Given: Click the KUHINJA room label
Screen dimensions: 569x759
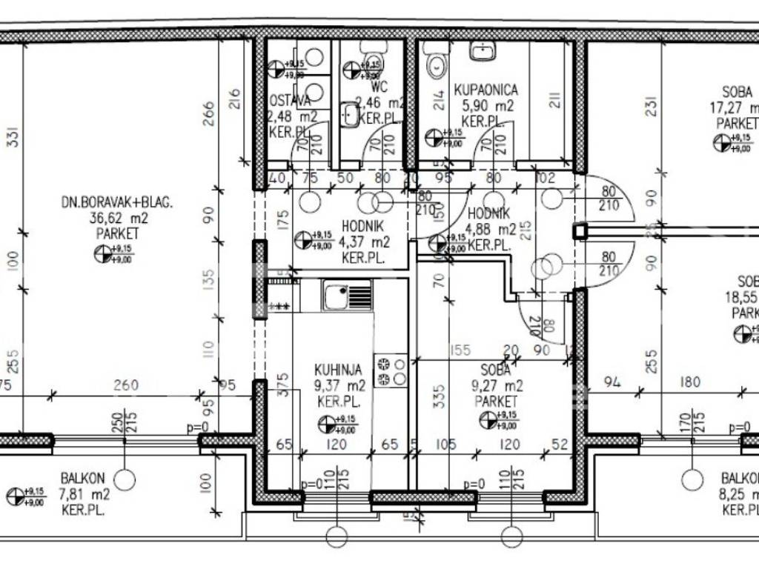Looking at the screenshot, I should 338,369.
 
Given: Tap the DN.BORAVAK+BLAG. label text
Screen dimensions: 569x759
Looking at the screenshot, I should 117,202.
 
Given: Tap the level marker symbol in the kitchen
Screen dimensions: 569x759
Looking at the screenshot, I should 327,424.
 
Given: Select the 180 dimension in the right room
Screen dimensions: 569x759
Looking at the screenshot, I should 691,382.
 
